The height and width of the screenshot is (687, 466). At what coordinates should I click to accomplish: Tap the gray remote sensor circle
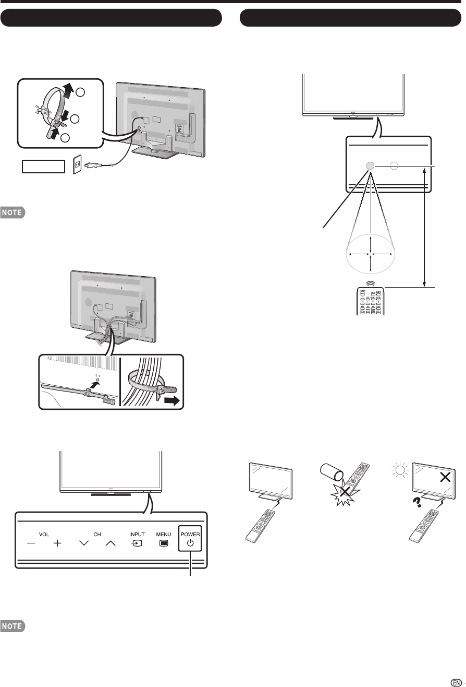coord(370,165)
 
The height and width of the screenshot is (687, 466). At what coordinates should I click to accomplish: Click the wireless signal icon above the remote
coord(371,282)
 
